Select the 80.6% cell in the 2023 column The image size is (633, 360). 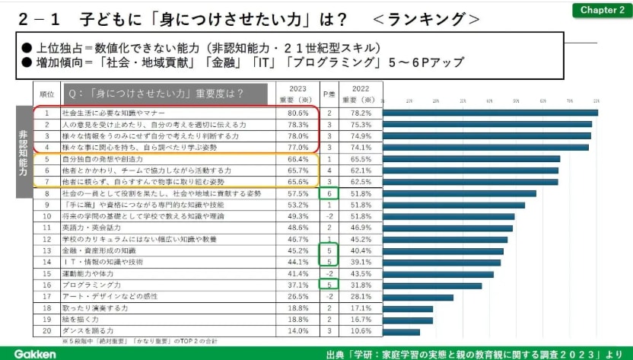pos(297,113)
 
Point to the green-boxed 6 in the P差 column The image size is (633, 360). pos(329,193)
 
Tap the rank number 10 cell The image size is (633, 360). pos(46,216)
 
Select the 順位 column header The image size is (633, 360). pos(46,94)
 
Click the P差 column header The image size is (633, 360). pos(329,94)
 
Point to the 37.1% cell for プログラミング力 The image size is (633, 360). pos(297,285)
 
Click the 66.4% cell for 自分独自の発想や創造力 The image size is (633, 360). pos(297,159)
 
